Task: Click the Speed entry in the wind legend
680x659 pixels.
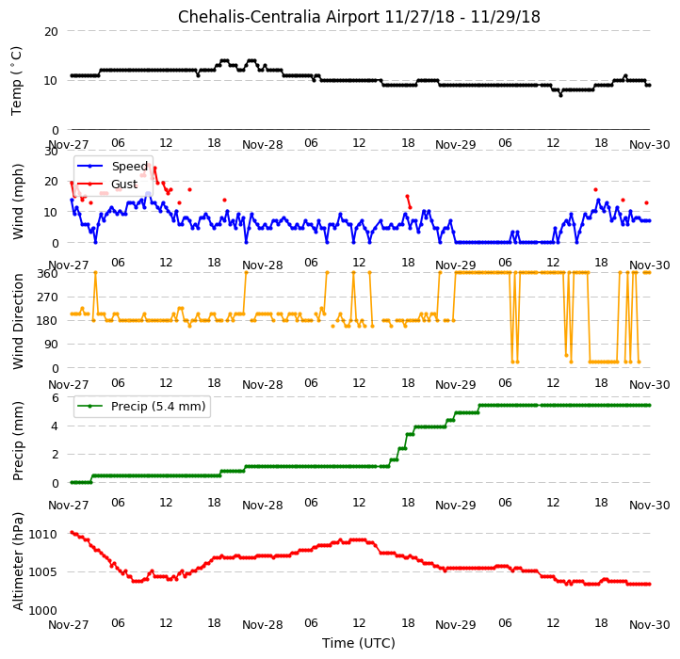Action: tap(130, 166)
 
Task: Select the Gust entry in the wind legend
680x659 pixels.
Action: tap(124, 185)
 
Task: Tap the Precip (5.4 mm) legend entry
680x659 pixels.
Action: tap(158, 407)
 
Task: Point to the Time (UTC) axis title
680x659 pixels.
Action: tap(359, 643)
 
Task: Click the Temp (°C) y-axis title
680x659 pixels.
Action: tap(16, 81)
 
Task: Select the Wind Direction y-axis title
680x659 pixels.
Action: tap(18, 321)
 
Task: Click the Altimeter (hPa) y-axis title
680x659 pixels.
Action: tap(18, 561)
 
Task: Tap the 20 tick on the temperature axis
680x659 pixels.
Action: tap(51, 32)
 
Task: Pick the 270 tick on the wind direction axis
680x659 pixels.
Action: tap(48, 297)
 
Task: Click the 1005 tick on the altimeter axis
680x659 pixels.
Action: tap(43, 572)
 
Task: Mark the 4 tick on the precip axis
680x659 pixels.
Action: tap(55, 426)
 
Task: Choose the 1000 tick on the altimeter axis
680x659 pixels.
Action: tap(43, 611)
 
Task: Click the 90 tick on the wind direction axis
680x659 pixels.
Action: tap(51, 345)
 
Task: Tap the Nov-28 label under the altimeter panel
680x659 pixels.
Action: tap(263, 625)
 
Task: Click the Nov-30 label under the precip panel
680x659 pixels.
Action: tap(650, 506)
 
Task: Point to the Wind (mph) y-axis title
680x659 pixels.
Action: tap(18, 201)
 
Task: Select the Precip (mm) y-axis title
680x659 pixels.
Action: tap(18, 441)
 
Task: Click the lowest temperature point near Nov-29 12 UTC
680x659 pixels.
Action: tap(560, 95)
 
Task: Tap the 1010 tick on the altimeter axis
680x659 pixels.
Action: tap(43, 534)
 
